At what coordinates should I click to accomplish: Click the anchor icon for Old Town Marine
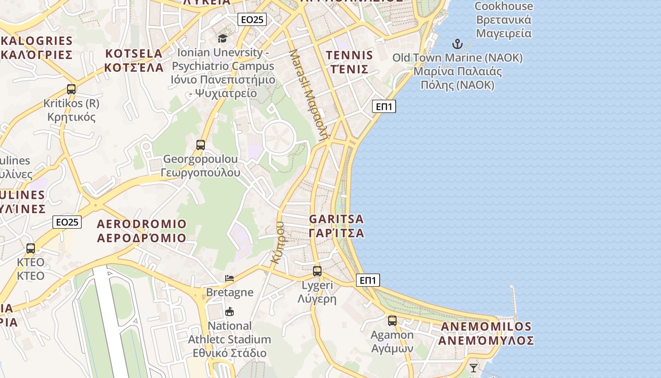point(457,44)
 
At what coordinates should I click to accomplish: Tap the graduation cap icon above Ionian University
point(222,38)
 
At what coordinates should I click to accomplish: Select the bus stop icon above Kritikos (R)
point(71,89)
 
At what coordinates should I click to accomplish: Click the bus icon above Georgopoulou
point(201,145)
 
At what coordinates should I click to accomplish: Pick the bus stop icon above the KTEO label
point(31,248)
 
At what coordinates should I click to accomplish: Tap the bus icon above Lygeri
point(317,271)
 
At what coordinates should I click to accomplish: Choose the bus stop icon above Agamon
point(392,321)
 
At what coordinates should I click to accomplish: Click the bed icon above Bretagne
point(229,278)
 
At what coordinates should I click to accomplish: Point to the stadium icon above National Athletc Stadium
point(229,311)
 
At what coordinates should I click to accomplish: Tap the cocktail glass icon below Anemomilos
point(474,368)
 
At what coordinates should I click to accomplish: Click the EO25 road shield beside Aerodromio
point(67,222)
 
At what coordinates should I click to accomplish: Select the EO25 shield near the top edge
point(252,19)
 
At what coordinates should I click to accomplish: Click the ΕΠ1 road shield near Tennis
point(384,107)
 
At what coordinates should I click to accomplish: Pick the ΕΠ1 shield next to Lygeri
point(368,281)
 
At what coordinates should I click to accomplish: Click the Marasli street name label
point(309,94)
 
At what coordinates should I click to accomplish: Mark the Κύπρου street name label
point(277,242)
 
